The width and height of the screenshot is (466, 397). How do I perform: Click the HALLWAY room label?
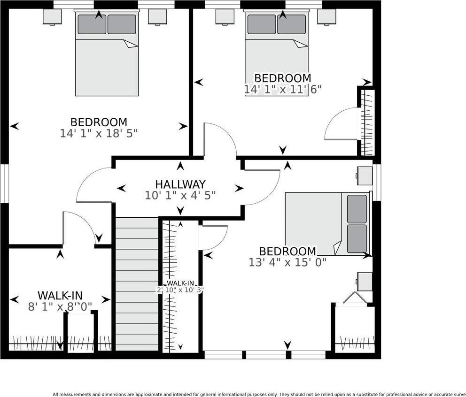pos(180,184)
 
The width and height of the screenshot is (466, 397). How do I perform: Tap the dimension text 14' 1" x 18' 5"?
pos(99,133)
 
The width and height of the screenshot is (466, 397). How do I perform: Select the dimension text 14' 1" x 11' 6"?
pos(283,89)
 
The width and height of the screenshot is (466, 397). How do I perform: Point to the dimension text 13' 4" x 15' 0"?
pos(287,262)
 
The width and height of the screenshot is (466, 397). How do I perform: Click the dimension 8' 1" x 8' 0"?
pos(60,306)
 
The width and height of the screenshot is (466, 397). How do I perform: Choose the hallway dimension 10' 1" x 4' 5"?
pos(180,195)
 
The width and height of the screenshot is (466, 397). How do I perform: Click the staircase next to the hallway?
pos(137,284)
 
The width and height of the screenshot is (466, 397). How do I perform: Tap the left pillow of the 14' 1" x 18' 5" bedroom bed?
pos(92,24)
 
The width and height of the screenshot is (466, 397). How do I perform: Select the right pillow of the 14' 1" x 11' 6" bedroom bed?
pos(291,24)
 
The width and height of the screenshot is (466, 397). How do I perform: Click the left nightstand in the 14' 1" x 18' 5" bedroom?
pos(52,17)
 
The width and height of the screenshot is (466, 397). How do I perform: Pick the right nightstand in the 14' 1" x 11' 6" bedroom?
pos(326,17)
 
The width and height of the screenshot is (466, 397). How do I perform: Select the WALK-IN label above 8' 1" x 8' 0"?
pos(60,296)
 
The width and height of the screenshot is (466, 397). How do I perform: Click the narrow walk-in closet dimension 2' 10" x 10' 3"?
pos(180,290)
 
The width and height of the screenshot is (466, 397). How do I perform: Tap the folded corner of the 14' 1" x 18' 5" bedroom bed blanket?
pos(131,44)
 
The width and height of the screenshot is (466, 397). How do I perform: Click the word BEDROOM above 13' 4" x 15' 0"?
pos(287,251)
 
